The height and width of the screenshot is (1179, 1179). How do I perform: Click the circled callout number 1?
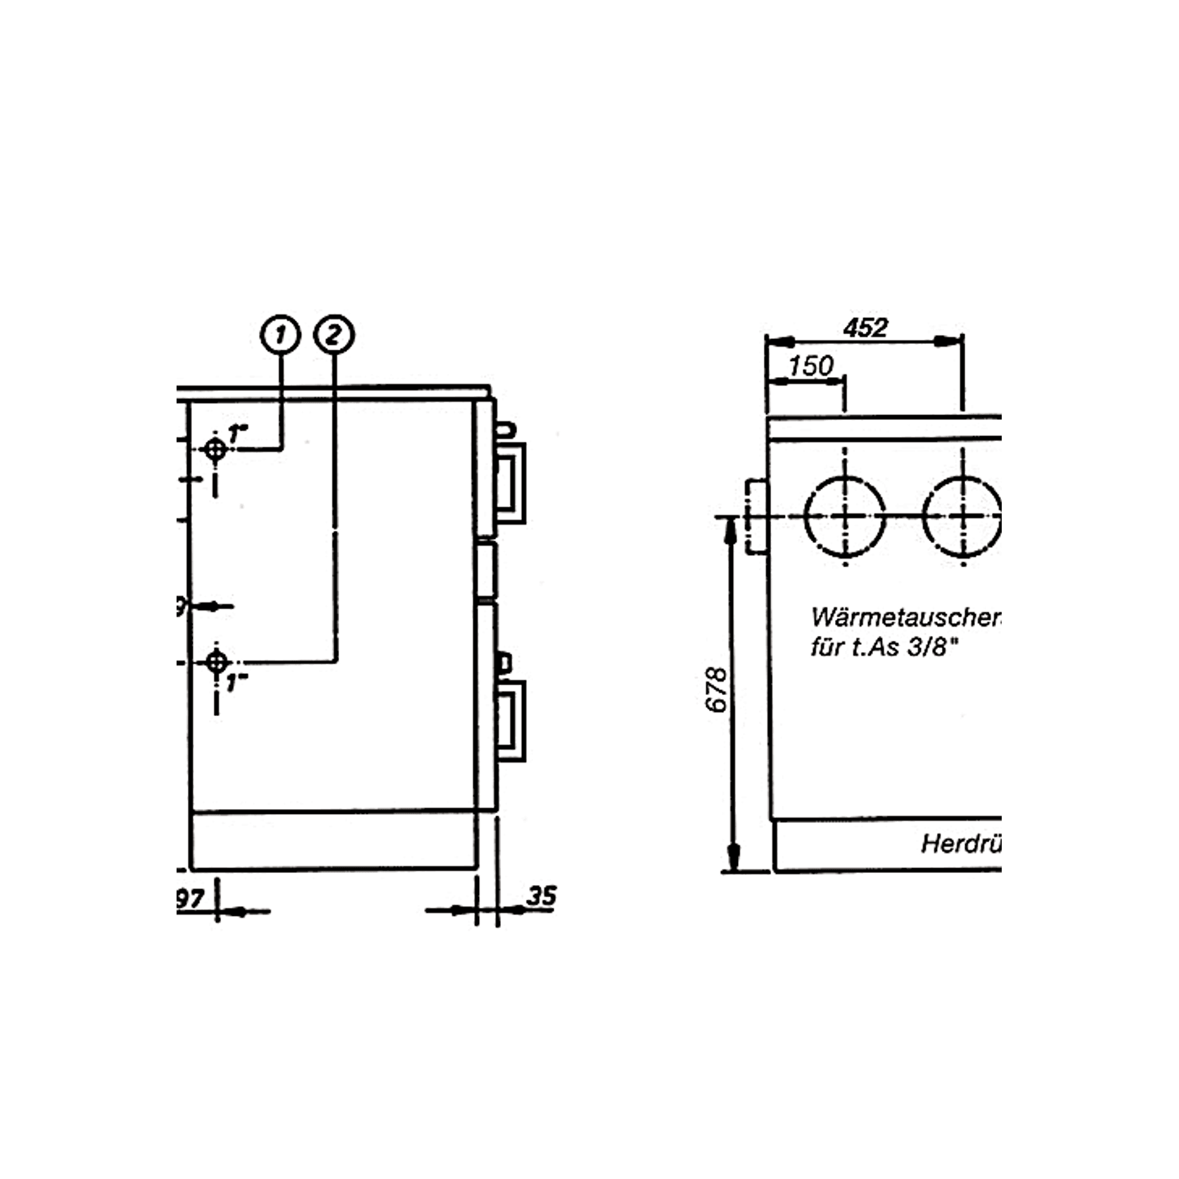pyautogui.click(x=281, y=334)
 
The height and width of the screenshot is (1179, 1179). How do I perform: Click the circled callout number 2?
pyautogui.click(x=334, y=334)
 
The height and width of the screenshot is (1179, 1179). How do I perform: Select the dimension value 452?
pyautogui.click(x=865, y=328)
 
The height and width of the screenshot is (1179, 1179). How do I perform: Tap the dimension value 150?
pyautogui.click(x=810, y=366)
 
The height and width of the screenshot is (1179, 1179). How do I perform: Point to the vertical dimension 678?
pyautogui.click(x=716, y=689)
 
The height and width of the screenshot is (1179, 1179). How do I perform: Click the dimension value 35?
pyautogui.click(x=542, y=896)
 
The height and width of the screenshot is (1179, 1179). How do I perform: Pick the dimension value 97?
pyautogui.click(x=190, y=898)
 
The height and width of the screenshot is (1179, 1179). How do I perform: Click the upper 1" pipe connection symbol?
pyautogui.click(x=215, y=448)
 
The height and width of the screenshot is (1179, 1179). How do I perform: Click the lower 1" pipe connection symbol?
pyautogui.click(x=217, y=662)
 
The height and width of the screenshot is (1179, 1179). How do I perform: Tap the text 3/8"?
pyautogui.click(x=933, y=647)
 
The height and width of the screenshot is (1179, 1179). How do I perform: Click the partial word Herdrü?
pyautogui.click(x=960, y=843)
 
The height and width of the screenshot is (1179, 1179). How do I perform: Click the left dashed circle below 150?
pyautogui.click(x=845, y=516)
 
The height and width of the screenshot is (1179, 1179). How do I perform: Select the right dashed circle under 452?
pyautogui.click(x=962, y=516)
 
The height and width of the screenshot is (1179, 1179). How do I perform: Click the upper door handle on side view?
pyautogui.click(x=510, y=482)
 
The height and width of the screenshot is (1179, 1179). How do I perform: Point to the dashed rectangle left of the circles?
pyautogui.click(x=756, y=516)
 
